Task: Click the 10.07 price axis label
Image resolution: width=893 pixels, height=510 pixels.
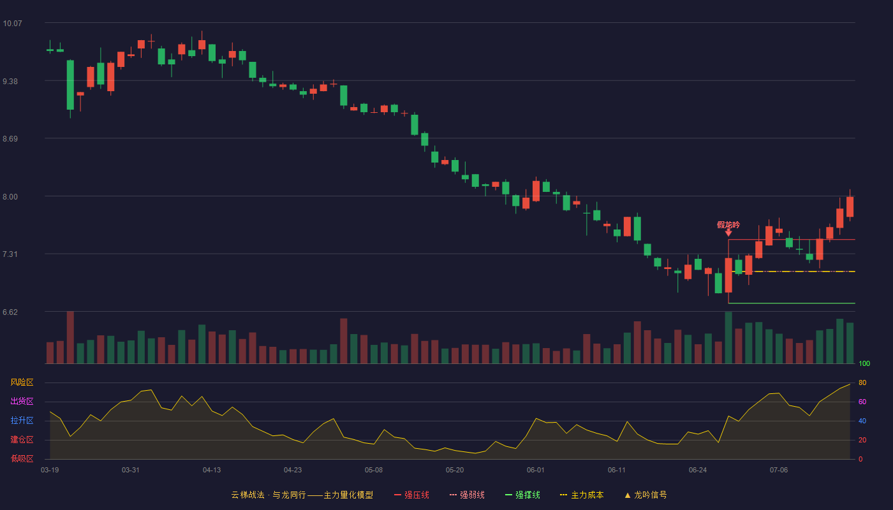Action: [12, 24]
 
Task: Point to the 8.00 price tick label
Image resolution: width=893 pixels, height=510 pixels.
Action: [10, 197]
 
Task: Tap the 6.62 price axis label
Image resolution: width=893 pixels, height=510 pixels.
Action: [10, 312]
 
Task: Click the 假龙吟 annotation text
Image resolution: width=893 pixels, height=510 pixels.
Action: [728, 224]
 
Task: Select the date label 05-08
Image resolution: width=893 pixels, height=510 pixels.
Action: [374, 470]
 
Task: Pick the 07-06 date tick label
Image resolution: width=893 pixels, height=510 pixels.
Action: [779, 470]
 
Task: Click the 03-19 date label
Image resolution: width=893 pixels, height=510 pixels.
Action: [50, 470]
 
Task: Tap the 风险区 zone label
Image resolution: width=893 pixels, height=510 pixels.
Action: [22, 382]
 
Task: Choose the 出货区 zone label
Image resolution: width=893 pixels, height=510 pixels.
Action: [22, 401]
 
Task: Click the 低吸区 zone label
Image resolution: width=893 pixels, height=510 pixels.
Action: [22, 458]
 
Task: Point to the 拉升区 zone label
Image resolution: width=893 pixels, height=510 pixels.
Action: [22, 420]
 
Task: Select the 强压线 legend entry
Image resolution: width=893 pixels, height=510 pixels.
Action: [411, 495]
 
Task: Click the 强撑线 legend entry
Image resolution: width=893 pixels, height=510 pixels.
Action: [522, 495]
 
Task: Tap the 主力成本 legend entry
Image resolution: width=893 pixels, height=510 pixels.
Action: [582, 495]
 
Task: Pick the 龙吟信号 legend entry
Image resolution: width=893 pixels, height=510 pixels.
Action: [646, 495]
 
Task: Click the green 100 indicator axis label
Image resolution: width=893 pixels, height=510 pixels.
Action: [864, 363]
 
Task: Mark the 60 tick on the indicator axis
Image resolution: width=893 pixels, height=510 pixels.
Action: [862, 402]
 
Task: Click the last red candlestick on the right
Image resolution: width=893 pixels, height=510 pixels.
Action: [850, 207]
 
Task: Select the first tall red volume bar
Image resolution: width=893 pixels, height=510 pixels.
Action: [70, 337]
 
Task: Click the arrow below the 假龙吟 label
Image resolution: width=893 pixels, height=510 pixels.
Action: [728, 233]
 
